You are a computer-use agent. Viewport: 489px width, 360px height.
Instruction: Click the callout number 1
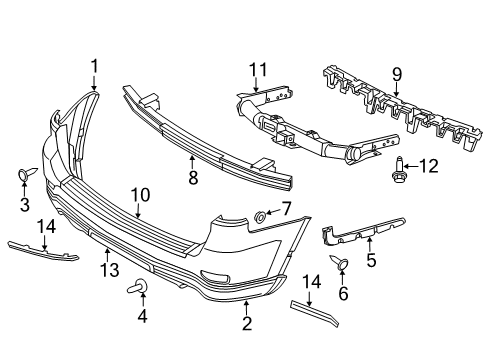pos(95,66)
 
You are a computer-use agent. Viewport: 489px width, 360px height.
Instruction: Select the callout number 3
pos(25,205)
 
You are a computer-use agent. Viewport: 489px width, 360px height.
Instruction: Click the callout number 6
pos(342,294)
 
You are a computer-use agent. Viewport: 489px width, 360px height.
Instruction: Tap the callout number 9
pos(395,72)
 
